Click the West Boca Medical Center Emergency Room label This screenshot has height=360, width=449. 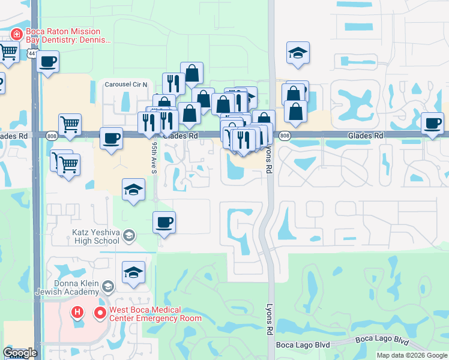155,314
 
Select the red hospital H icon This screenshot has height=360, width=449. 77,313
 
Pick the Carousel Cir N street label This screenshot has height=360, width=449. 126,85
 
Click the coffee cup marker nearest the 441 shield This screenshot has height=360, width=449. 47,61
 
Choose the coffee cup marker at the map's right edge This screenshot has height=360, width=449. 432,124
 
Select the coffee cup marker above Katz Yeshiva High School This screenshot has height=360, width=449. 164,223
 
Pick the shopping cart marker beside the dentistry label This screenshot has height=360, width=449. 8,52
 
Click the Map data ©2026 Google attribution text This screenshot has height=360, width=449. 412,355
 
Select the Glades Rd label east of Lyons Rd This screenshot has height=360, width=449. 366,136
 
